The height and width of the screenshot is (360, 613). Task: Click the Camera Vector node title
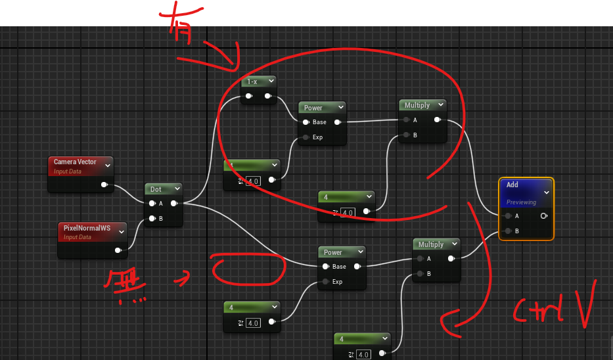75,162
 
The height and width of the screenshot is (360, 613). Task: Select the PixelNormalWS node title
86,227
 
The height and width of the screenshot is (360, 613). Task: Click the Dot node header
156,189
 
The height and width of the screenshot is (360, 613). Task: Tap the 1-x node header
252,81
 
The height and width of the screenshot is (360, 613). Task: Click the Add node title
512,185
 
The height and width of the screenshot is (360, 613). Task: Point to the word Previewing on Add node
521,202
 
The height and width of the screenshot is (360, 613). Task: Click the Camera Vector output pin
104,185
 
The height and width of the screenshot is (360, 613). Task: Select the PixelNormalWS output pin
118,250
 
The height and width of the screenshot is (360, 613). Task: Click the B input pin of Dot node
152,218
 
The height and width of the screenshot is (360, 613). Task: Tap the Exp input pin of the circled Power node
306,137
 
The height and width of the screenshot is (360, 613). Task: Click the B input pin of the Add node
507,231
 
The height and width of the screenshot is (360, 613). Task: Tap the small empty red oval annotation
250,271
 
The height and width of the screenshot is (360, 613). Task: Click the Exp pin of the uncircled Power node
325,282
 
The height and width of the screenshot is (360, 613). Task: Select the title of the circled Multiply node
417,105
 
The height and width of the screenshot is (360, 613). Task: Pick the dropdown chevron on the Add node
547,192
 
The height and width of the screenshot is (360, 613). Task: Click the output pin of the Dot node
173,204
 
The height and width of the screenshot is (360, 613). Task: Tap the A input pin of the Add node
507,215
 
